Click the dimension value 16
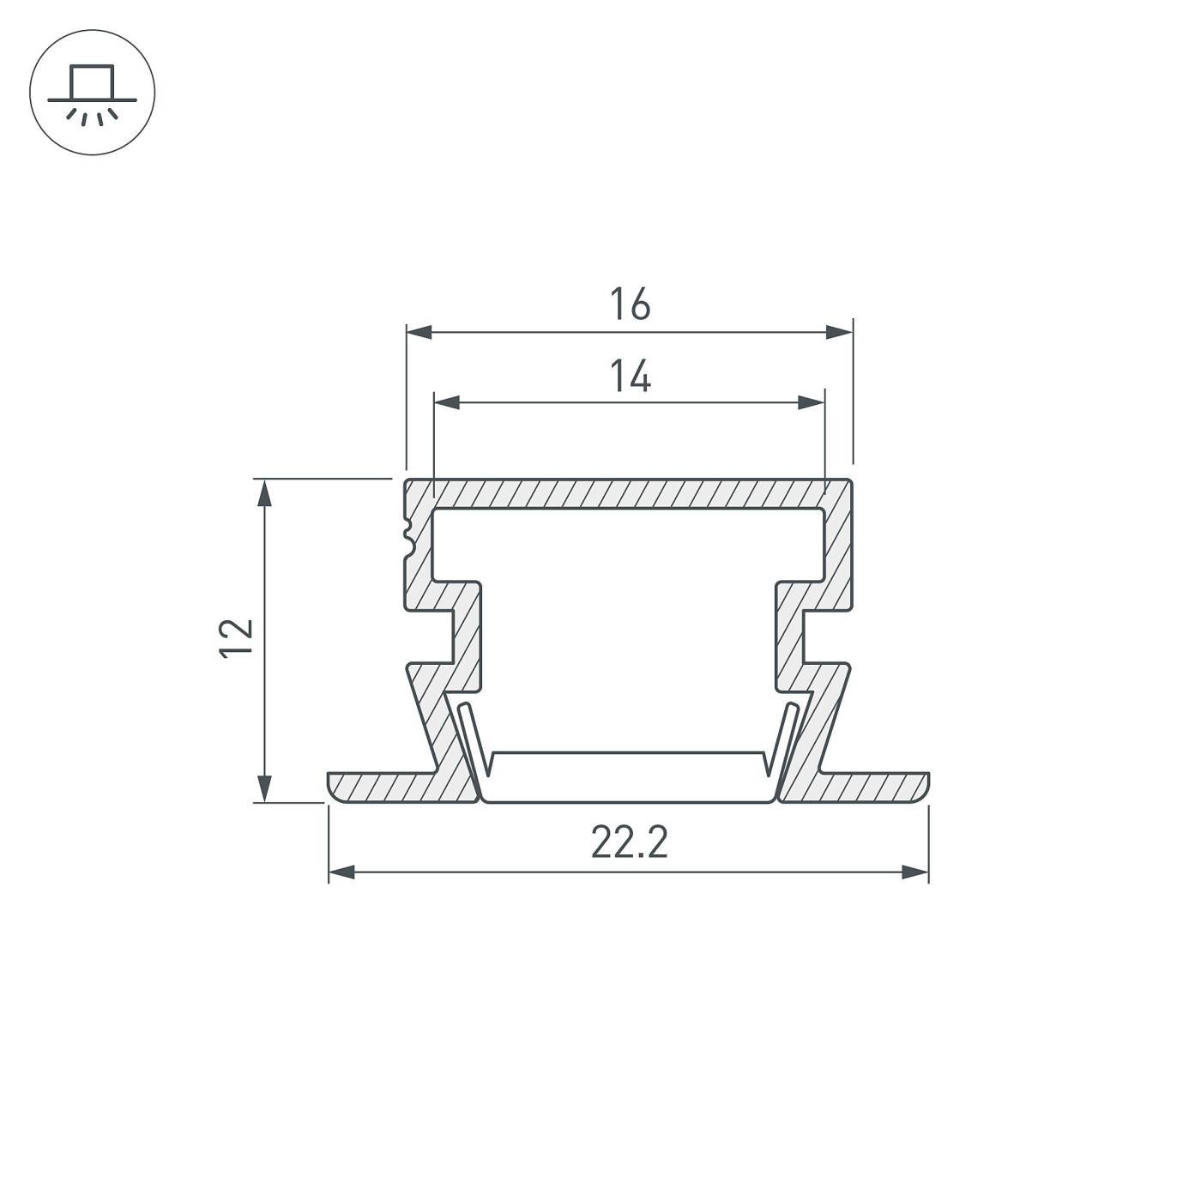(x=630, y=304)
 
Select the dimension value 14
(x=631, y=375)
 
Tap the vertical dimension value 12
(x=237, y=637)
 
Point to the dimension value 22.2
(x=630, y=842)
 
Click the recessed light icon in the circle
(x=93, y=94)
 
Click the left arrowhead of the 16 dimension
(x=419, y=332)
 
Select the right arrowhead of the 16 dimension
(x=839, y=332)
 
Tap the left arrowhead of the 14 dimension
(x=447, y=402)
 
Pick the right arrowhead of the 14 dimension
(x=812, y=402)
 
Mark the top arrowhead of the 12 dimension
(x=265, y=492)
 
